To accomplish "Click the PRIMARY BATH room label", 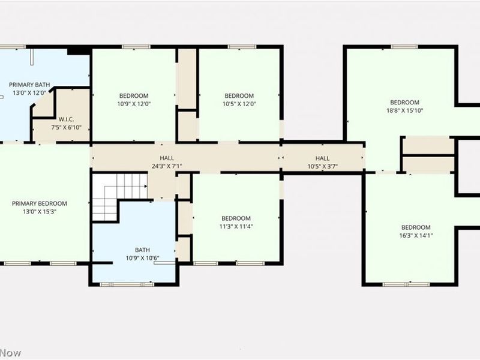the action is click(29, 85).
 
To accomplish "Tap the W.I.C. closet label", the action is click(66, 119).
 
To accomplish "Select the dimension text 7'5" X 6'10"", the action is click(67, 127).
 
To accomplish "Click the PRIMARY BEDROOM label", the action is click(40, 203).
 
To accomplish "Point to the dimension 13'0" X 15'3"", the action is click(40, 212).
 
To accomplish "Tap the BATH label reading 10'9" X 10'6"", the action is click(142, 250).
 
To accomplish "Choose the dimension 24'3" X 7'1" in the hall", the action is click(167, 166).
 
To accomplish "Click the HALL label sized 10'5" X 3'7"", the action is click(322, 158).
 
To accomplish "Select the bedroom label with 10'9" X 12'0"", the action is click(134, 96).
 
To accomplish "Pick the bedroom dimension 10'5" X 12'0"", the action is click(239, 104).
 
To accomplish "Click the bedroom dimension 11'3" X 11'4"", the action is click(236, 227).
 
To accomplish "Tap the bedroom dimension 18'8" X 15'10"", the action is click(404, 110).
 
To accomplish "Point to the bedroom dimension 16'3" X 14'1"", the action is click(416, 235).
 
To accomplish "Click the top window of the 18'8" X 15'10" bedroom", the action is click(404, 47).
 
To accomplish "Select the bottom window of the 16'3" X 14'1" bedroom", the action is click(406, 284).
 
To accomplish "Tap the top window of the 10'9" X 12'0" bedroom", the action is click(136, 47).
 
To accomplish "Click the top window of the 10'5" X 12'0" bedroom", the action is click(242, 47).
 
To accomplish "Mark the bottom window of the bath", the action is click(127, 284).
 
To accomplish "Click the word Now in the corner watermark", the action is click(11, 353).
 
